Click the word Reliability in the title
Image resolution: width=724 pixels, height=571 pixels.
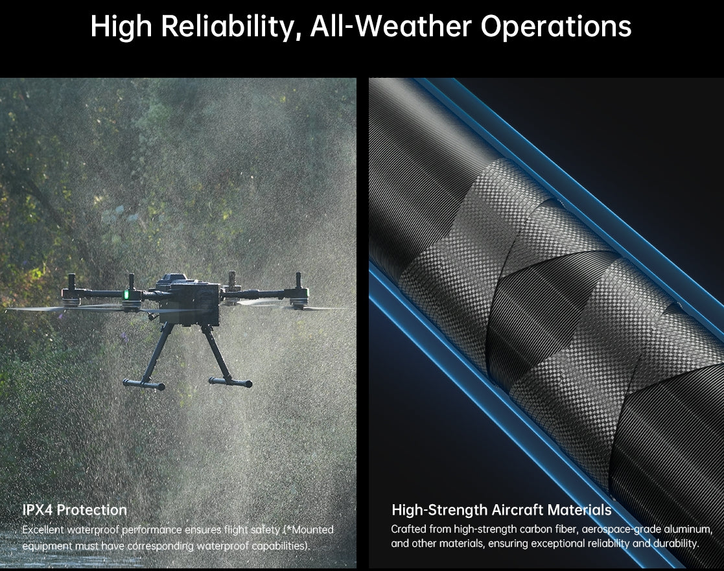pos(231,27)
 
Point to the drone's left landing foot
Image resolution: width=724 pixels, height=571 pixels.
pos(143,384)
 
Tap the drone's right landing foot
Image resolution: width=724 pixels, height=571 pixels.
pos(231,382)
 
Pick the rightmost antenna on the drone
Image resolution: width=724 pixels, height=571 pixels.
pos(298,281)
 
